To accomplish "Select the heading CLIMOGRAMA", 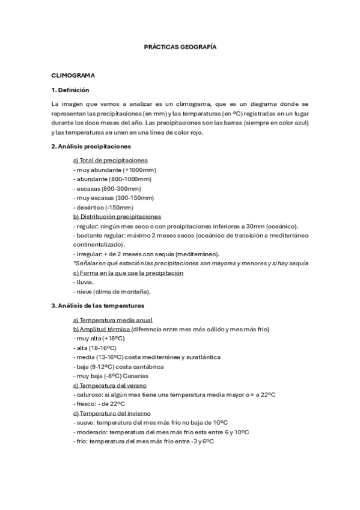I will point(74,76).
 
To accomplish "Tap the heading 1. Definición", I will point(70,90).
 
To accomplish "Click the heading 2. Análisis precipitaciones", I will point(91,146).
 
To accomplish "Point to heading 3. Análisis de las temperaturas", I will point(97,306).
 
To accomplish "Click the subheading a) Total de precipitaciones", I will point(110,160).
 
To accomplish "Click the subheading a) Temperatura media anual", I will point(112,320).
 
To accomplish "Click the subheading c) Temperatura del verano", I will point(110,385).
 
